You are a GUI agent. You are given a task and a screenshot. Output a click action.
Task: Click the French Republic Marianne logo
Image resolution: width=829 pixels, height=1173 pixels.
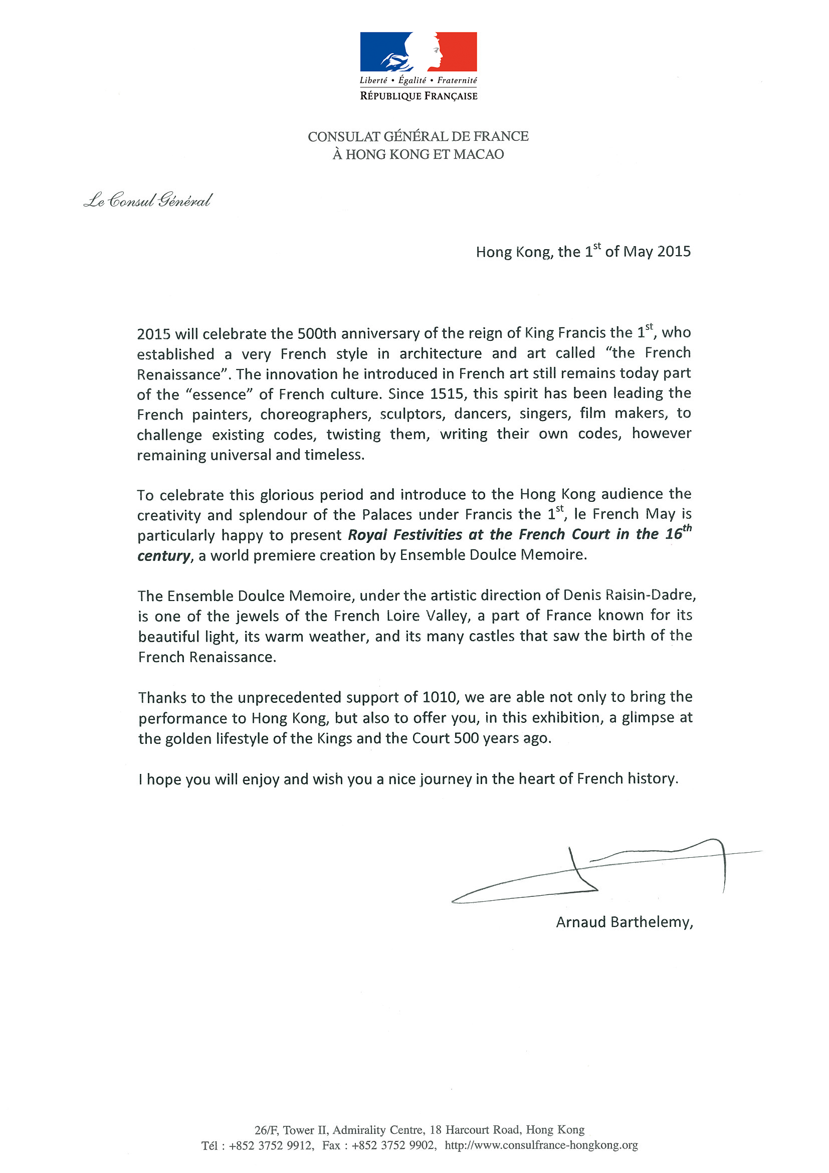point(419,52)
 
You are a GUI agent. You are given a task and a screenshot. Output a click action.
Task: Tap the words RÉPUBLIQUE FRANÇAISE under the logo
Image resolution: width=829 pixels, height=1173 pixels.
point(419,96)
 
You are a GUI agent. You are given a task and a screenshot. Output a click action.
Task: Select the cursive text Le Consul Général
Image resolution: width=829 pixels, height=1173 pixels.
point(148,201)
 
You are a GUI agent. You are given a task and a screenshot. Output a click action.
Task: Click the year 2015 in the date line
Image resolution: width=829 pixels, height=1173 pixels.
point(674,251)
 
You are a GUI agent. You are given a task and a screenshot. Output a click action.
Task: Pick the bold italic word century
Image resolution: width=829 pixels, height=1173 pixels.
point(163,555)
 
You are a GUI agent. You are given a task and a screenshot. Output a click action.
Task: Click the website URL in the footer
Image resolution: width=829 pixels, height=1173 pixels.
point(541,1145)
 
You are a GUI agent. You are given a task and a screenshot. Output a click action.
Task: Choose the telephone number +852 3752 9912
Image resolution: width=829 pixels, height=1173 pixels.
point(271,1145)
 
